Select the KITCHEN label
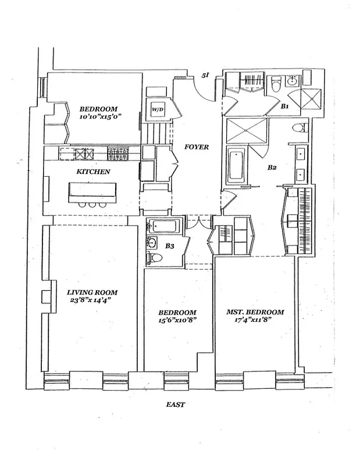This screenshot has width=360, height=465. pos(93,172)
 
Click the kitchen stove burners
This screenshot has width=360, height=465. pos(119,155)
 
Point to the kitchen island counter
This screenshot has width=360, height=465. pos(92,192)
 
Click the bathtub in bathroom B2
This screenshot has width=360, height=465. pos(236,165)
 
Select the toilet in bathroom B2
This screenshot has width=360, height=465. pos(299,128)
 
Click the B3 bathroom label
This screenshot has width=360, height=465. pos(170,246)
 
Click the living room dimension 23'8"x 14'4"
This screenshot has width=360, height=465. pos(92,301)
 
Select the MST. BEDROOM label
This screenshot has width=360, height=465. pos(255,312)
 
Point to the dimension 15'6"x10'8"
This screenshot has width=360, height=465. pos(179,320)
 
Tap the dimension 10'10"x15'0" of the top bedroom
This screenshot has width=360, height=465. pos(98,117)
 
